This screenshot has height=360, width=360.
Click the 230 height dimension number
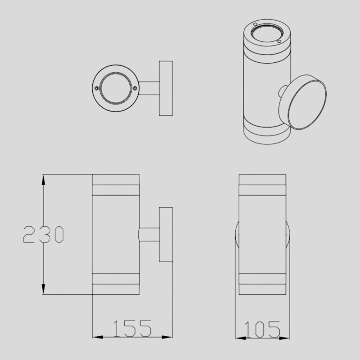click(x=44, y=234)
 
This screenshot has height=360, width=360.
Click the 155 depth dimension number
click(x=132, y=329)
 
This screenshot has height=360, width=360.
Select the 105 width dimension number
click(x=262, y=330)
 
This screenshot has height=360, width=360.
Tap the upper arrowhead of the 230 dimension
click(x=43, y=180)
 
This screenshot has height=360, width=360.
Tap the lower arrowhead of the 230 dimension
click(x=43, y=289)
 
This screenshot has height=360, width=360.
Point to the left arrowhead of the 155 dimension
click(x=97, y=337)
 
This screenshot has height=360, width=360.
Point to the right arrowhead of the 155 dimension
click(x=167, y=337)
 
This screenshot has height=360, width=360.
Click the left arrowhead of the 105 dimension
click(x=240, y=338)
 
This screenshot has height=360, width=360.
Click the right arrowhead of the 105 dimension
click(x=284, y=338)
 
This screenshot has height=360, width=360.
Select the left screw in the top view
click(x=97, y=88)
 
